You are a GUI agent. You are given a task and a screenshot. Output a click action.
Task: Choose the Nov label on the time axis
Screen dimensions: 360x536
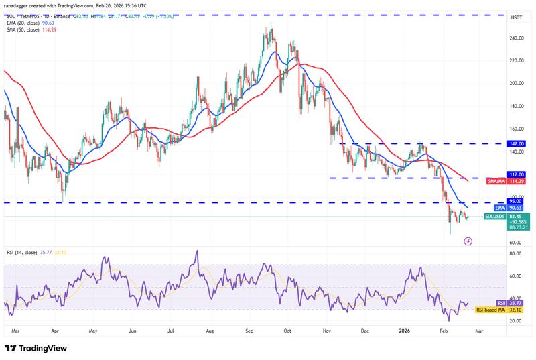(327, 331)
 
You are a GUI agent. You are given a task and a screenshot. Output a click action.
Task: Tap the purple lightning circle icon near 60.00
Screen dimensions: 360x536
(468, 241)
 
